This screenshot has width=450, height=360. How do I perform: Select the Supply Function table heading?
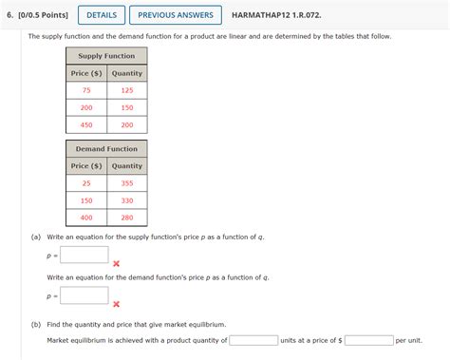(x=106, y=56)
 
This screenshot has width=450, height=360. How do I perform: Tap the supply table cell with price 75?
(x=86, y=90)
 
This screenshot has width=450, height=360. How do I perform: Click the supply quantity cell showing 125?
(x=126, y=90)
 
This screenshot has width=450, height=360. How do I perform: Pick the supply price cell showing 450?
(x=86, y=125)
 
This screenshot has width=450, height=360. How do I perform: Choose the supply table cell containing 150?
(x=126, y=108)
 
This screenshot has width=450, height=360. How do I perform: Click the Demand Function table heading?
(x=106, y=148)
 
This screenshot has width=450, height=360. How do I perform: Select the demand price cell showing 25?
(x=86, y=182)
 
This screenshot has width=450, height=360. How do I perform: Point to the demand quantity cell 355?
(x=126, y=182)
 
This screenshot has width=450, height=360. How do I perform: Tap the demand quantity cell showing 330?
(x=126, y=200)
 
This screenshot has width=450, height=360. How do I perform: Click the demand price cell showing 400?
(x=86, y=218)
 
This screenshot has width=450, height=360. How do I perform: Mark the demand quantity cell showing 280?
(x=126, y=218)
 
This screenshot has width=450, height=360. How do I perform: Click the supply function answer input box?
(x=85, y=255)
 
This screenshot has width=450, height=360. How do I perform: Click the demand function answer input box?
(x=85, y=295)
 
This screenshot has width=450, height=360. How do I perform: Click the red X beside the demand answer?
(x=116, y=304)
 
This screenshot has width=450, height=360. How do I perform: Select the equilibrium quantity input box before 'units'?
(x=253, y=340)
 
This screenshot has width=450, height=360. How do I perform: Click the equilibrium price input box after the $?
(x=369, y=340)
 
